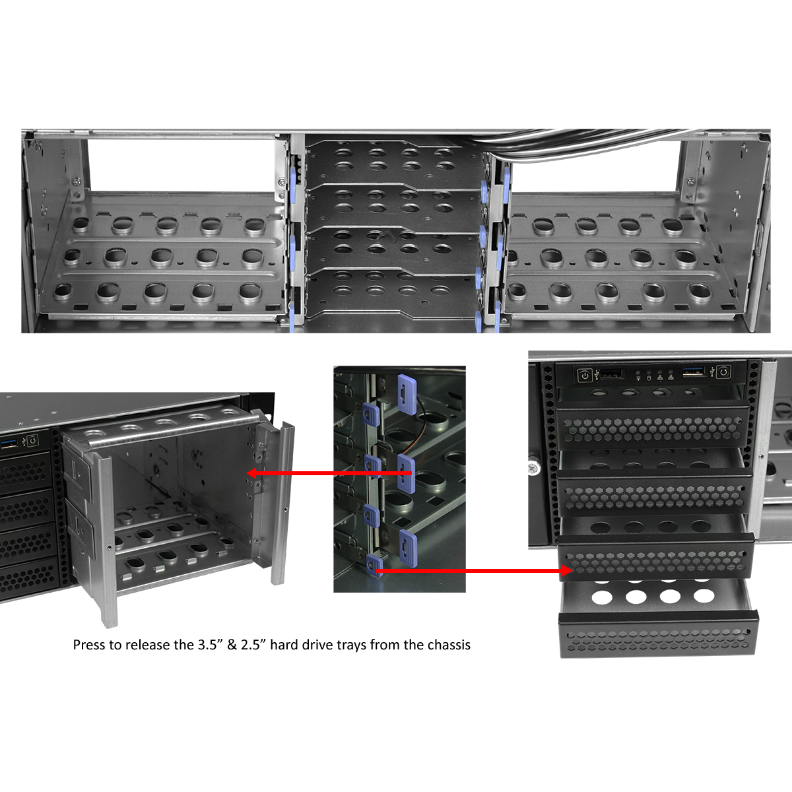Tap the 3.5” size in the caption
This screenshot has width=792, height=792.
tap(211, 645)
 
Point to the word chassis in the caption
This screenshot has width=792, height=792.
tap(448, 645)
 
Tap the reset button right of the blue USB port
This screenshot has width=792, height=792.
tap(724, 373)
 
